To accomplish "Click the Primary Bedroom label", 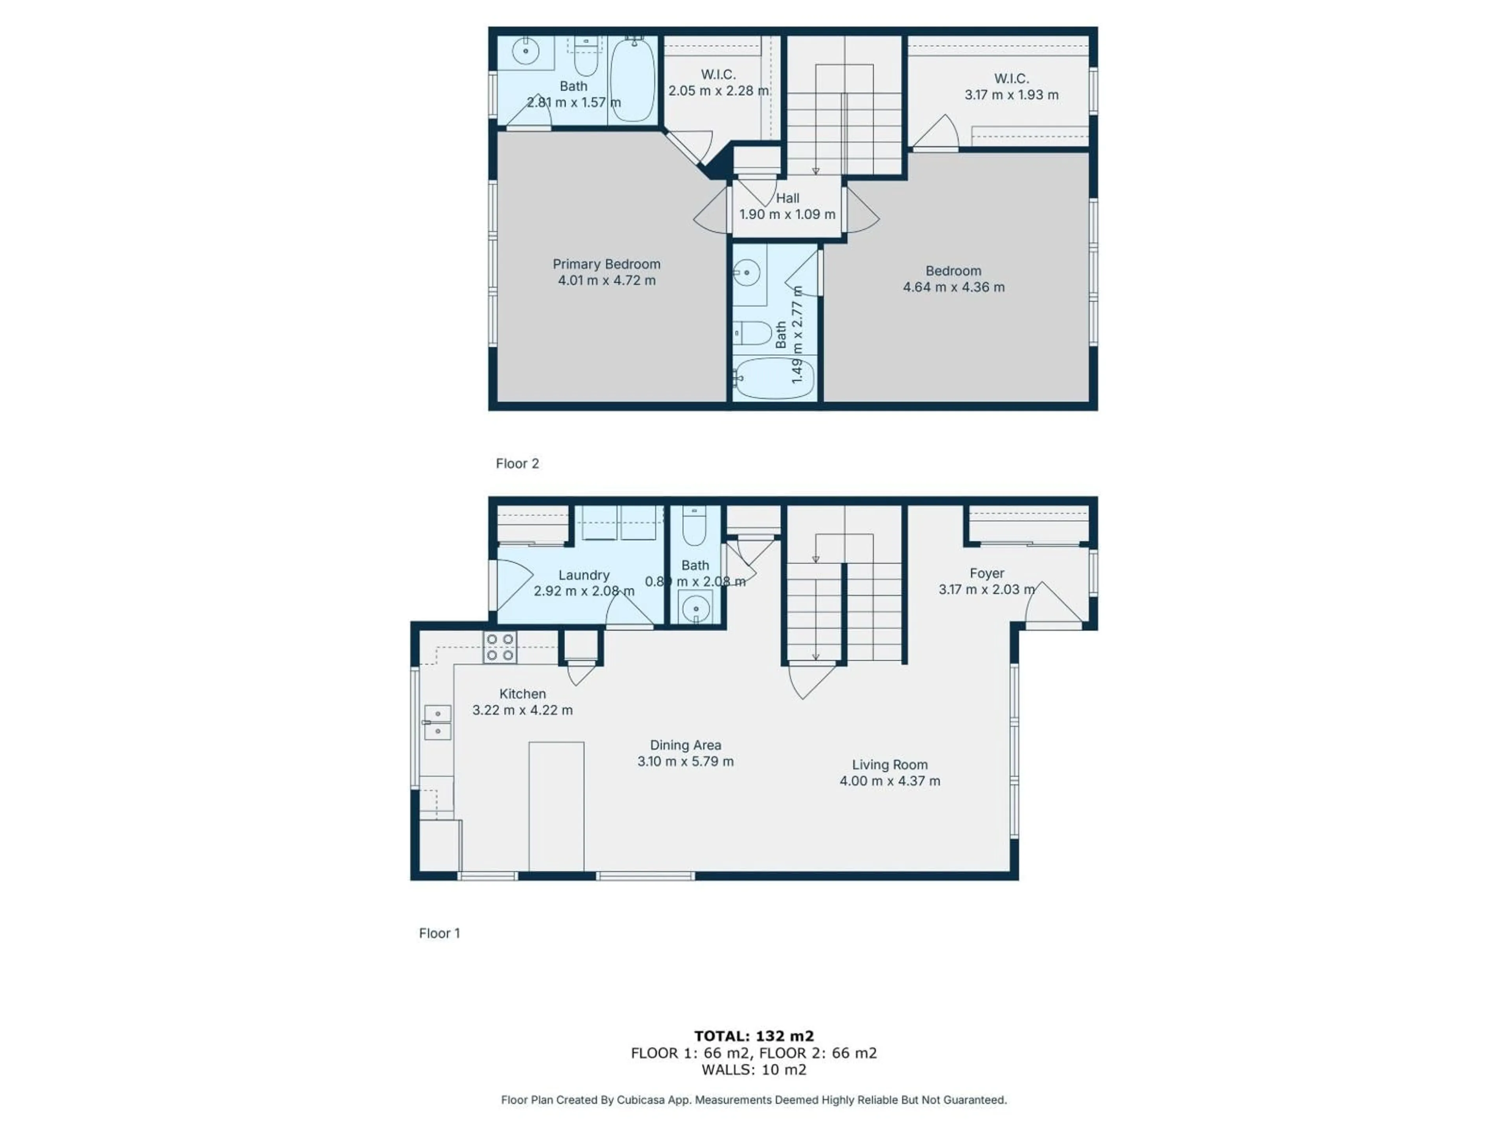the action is pyautogui.click(x=606, y=264).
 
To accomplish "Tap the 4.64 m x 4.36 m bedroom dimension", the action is pyautogui.click(x=954, y=287).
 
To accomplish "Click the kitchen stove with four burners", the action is pyautogui.click(x=500, y=647).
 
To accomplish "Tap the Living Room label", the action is pyautogui.click(x=889, y=765).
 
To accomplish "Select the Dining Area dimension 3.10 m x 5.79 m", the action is pyautogui.click(x=685, y=761).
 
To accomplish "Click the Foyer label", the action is pyautogui.click(x=986, y=573).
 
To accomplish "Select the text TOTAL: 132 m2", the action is pyautogui.click(x=754, y=1037).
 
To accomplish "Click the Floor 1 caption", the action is pyautogui.click(x=440, y=933).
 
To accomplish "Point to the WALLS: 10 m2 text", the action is pyautogui.click(x=754, y=1070).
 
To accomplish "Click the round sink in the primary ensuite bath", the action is pyautogui.click(x=525, y=51).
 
